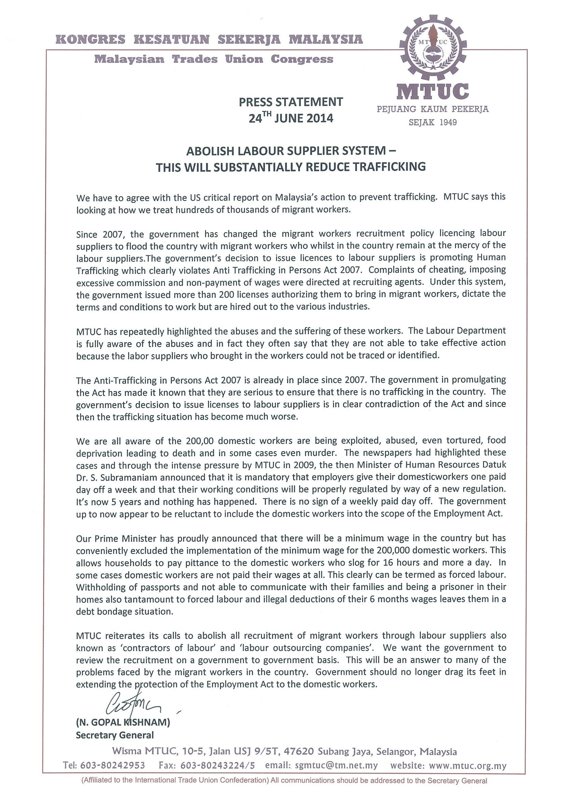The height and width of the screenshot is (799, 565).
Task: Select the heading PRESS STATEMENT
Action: (x=291, y=102)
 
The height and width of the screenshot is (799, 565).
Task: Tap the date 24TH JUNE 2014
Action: (x=291, y=118)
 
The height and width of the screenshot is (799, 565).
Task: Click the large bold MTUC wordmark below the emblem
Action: (x=432, y=91)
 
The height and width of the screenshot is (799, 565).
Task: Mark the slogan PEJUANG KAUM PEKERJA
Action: (x=432, y=109)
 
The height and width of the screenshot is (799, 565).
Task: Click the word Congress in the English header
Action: (x=302, y=59)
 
